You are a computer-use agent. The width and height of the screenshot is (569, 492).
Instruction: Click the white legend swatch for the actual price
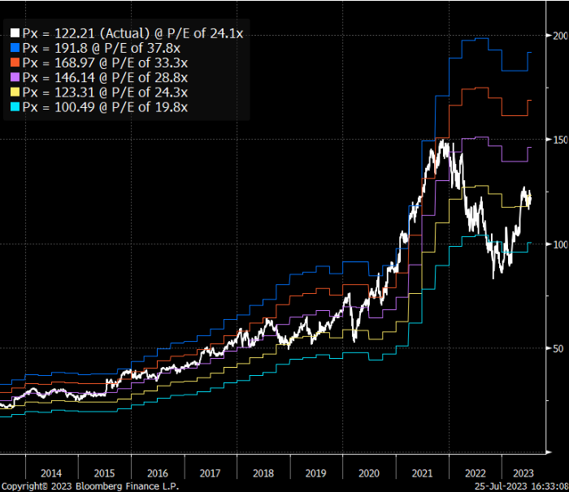click(x=15, y=33)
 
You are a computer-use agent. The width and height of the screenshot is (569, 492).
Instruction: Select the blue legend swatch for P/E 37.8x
click(x=15, y=48)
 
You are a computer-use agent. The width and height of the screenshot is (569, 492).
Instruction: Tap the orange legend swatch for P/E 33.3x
click(x=15, y=63)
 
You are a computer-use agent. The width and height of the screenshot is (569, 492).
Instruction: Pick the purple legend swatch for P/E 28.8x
click(x=15, y=77)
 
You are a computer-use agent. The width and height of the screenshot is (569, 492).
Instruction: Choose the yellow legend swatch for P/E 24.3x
click(x=15, y=92)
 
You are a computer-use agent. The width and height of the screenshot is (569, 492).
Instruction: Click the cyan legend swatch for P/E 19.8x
click(x=15, y=106)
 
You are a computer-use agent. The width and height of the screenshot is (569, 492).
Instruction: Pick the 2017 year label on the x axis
click(x=209, y=473)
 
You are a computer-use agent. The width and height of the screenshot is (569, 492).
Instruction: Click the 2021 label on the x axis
click(x=421, y=473)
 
